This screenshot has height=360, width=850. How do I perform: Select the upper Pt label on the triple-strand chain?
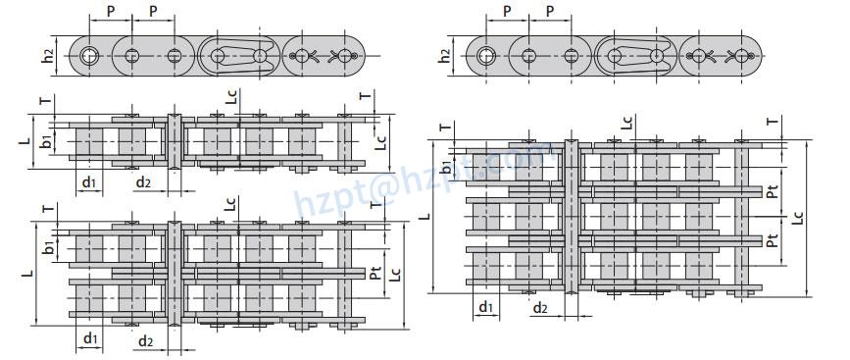point(774,192)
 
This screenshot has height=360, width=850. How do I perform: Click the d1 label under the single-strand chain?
point(88,183)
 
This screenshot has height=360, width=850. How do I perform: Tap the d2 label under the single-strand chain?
point(143,183)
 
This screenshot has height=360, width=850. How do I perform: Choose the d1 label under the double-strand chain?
point(90,339)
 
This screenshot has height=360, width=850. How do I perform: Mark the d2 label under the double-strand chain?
point(145,341)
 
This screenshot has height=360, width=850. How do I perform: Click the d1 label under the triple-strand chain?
point(485,308)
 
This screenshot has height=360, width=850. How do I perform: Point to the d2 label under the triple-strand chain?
point(540,309)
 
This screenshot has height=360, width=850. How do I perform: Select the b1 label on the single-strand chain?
point(46,143)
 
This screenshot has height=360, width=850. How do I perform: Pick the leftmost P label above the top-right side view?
point(507,12)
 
